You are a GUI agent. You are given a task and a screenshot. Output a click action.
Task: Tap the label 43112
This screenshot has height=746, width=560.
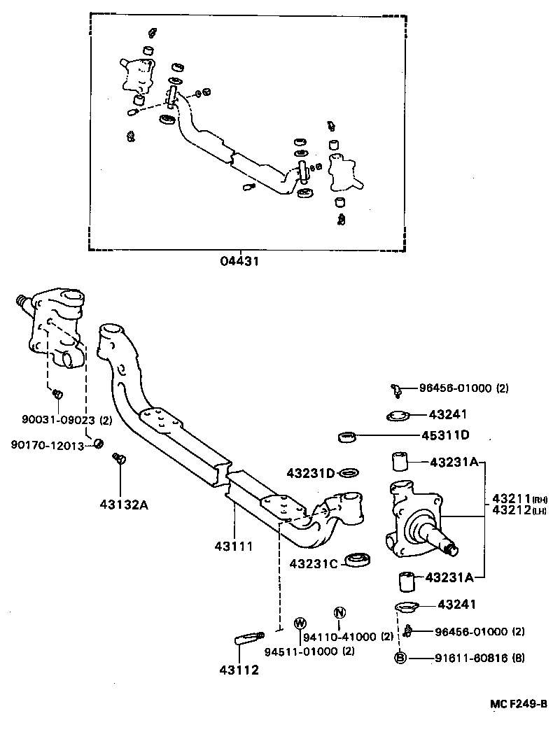239,669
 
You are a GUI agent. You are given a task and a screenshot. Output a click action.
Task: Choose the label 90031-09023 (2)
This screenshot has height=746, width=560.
57,420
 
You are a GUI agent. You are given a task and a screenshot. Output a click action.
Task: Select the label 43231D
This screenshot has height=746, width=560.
310,474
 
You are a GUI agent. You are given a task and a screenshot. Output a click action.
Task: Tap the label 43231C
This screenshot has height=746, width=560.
314,562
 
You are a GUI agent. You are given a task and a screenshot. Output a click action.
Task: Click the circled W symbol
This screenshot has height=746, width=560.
300,623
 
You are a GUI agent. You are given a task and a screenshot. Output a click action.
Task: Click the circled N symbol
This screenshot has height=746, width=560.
339,613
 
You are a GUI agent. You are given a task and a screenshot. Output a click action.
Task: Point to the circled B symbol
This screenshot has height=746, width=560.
400,658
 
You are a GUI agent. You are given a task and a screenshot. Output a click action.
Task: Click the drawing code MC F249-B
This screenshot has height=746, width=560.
517,704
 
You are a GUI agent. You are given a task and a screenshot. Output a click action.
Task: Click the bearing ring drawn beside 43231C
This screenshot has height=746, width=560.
360,559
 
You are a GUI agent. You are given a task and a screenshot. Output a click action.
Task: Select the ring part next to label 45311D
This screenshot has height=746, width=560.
347,437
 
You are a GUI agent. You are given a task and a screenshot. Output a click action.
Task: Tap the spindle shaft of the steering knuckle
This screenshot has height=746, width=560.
442,540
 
